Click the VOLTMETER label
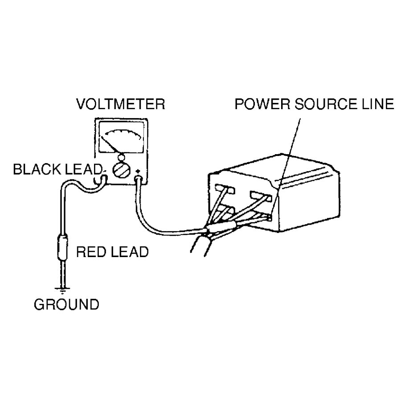121,104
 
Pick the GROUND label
67,305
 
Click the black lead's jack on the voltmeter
102,179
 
